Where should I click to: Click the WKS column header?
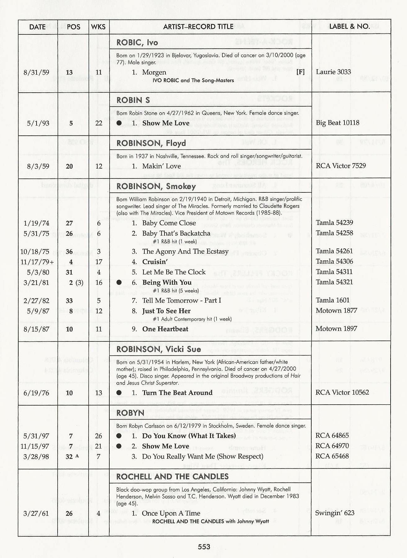98,27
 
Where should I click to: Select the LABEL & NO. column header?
349,26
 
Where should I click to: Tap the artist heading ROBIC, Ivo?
137,42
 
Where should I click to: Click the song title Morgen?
154,72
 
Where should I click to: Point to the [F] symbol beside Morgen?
300,72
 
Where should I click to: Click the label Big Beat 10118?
337,123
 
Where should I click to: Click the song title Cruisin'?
155,262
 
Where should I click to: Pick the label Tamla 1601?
332,300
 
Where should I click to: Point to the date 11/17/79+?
37,262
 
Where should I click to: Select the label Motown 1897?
336,329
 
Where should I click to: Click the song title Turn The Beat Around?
177,393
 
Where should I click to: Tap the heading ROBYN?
130,413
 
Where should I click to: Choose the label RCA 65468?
332,456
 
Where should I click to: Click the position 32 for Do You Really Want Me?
69,457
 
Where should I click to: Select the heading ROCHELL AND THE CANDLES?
172,477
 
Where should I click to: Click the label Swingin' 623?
335,513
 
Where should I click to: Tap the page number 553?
204,547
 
